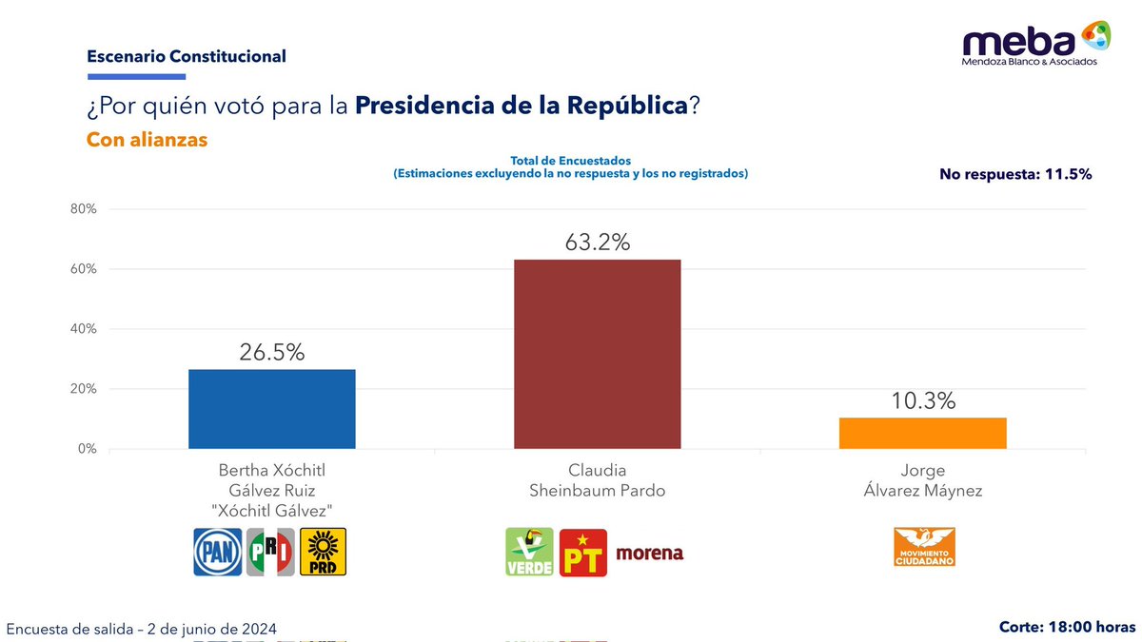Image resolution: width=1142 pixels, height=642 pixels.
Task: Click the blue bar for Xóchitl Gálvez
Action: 271,409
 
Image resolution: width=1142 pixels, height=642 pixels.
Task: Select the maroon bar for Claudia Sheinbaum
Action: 597,354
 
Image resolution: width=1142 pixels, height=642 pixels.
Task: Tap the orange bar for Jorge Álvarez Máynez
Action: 922,433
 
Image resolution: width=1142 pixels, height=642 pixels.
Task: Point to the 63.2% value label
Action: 597,243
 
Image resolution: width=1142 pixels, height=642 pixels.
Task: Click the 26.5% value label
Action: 271,353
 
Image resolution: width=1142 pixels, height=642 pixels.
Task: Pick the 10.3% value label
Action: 922,401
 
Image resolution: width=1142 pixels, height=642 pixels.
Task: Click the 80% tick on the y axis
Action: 84,209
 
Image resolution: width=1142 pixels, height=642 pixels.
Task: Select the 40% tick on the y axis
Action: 84,329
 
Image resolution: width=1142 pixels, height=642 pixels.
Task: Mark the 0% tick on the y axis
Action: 88,449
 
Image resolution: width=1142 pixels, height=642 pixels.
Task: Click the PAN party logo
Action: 218,553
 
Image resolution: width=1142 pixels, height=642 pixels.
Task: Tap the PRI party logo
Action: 270,553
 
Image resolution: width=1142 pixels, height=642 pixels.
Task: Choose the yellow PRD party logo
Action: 323,553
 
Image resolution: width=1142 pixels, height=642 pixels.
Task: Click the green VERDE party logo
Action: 528,553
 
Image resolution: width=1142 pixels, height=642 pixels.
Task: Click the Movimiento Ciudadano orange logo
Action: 923,548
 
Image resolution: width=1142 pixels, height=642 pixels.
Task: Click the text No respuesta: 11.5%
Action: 1014,174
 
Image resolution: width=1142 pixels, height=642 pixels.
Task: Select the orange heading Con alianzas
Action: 147,140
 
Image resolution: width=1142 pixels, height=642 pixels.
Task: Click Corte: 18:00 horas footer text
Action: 1066,627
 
